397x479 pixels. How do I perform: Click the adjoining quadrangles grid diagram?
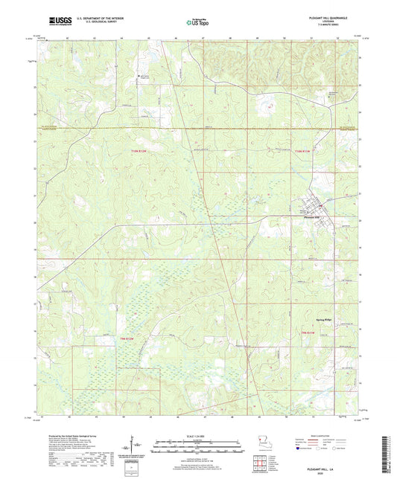(260, 461)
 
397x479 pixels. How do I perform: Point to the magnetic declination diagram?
(136, 445)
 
